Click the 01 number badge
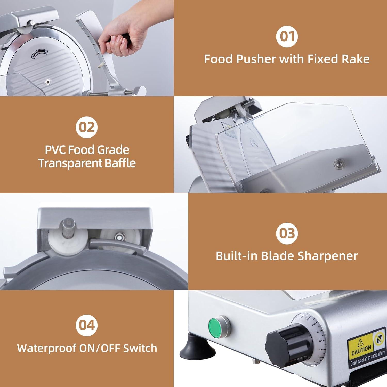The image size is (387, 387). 287,36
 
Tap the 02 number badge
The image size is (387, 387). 86,127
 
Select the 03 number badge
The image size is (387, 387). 287,233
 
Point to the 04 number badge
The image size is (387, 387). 87,325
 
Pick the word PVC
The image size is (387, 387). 54,150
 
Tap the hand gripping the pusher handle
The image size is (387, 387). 119,36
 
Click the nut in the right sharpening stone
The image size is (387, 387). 119,236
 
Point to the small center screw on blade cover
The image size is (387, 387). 47,82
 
